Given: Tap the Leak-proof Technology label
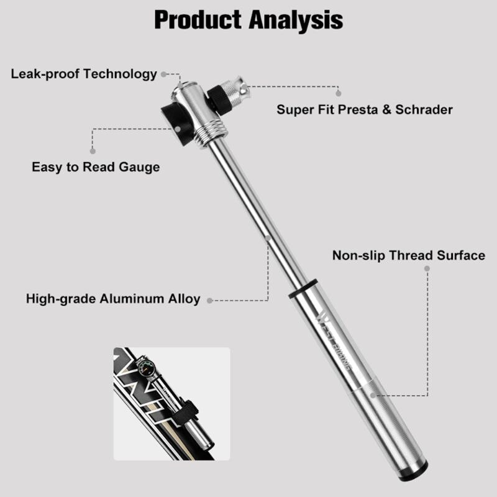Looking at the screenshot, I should [x=84, y=74].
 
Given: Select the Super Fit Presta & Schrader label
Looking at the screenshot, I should [x=365, y=109].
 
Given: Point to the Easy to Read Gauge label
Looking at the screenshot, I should [x=96, y=166].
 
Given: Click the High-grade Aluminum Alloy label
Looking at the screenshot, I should [x=113, y=299].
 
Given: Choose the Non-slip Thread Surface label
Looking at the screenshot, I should [x=408, y=255].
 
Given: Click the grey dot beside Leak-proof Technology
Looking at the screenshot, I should [x=164, y=74].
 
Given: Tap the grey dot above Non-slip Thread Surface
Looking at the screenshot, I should [x=427, y=268].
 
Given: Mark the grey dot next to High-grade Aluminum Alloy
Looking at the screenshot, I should [x=210, y=300].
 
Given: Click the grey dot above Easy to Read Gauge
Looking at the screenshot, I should [x=93, y=151].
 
